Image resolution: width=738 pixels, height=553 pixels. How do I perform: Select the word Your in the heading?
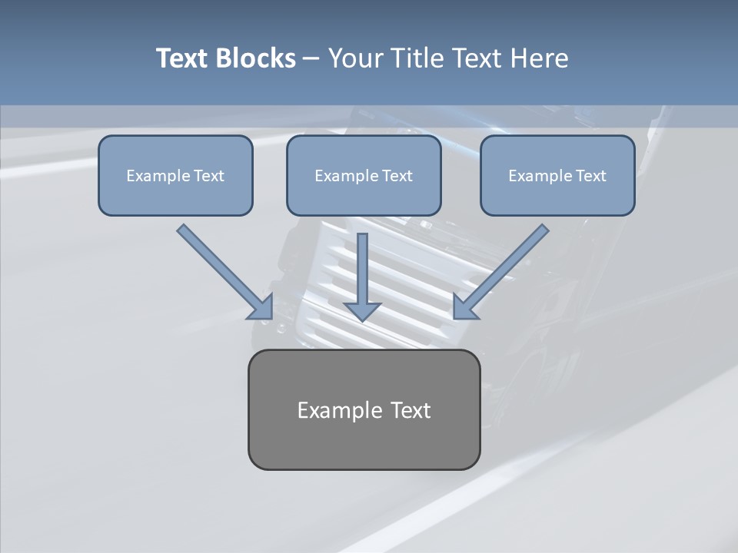[x=355, y=58]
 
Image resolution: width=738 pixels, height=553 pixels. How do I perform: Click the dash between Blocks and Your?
[x=311, y=58]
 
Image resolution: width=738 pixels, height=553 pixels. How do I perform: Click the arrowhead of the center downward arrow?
[x=363, y=311]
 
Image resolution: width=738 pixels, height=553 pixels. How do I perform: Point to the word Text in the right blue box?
[x=591, y=176]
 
